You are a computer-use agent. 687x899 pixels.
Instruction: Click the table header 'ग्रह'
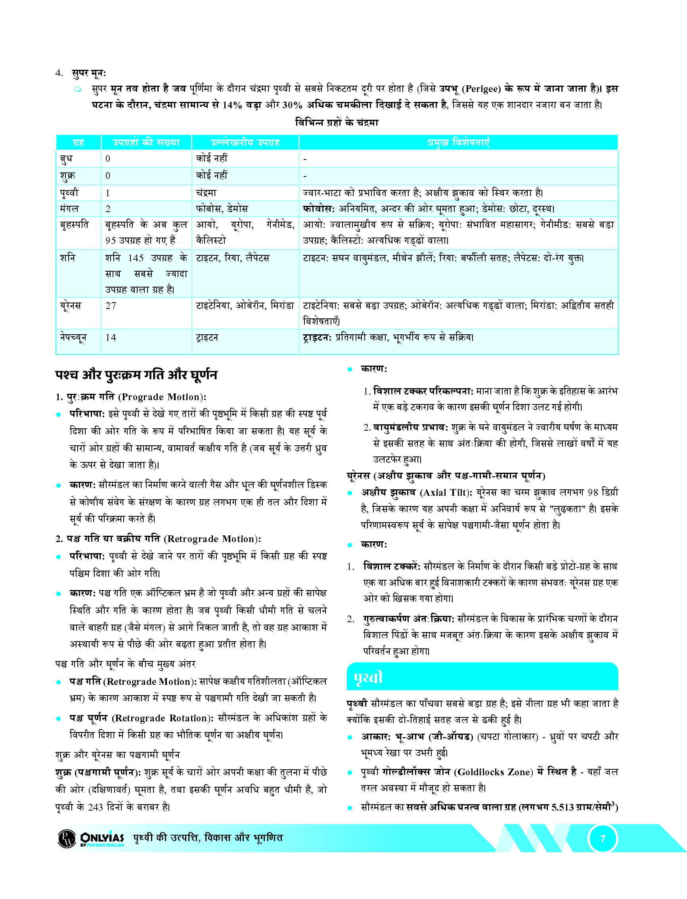pos(78,143)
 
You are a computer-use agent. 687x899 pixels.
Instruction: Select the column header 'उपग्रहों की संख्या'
pos(146,143)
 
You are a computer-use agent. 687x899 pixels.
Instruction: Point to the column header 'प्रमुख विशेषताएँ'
pos(458,143)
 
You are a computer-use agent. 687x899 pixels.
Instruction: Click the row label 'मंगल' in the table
pos(69,209)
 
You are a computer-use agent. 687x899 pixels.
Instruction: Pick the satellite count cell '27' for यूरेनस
pos(111,305)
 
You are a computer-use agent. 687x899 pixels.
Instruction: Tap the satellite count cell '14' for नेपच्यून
pos(111,337)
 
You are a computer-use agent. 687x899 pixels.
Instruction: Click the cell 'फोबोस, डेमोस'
pos(222,209)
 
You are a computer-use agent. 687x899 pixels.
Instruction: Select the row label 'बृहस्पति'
pos(74,224)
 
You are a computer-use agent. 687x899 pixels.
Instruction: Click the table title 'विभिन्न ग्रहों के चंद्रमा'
pos(337,122)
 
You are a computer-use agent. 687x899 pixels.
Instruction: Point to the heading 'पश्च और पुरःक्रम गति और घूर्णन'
pos(136,375)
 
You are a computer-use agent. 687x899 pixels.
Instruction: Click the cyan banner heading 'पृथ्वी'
pos(368,677)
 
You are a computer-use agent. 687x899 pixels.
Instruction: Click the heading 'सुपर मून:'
pos(89,73)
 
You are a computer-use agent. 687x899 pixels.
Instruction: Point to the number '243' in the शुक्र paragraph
pos(95,807)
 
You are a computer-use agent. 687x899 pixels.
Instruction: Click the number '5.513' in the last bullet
pos(562,807)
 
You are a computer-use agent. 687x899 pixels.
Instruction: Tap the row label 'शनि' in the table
pos(67,258)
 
